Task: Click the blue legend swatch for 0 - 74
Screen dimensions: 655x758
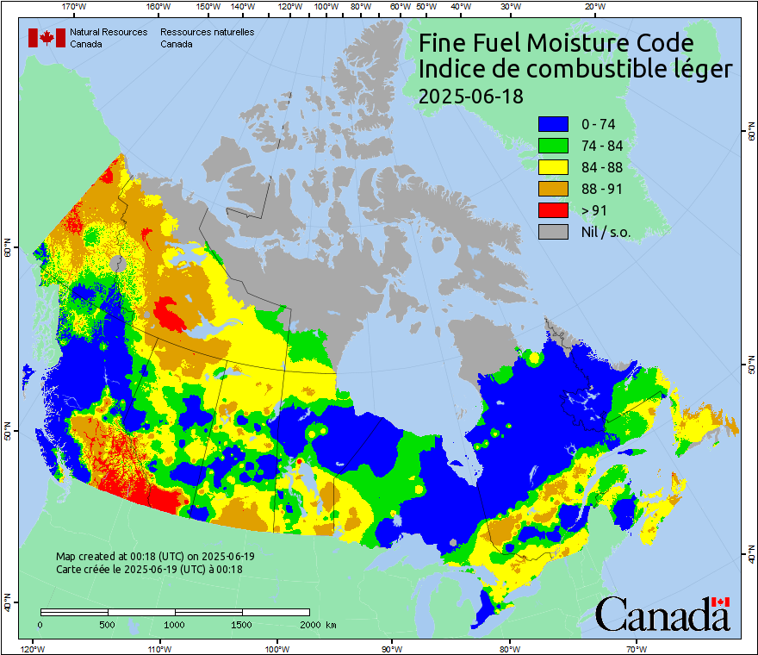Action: pos(553,124)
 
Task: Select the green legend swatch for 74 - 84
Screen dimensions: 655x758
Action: pos(553,146)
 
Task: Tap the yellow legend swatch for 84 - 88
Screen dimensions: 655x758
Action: pos(553,167)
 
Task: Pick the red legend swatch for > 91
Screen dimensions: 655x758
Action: pos(553,210)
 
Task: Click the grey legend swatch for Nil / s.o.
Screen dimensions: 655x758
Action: pos(553,232)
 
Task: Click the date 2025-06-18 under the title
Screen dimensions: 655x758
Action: pos(470,96)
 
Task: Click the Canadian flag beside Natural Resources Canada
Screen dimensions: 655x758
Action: pos(47,38)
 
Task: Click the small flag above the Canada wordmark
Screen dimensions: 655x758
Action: pos(720,602)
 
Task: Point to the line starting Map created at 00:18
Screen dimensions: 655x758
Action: pos(154,557)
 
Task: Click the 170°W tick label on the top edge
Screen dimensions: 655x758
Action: pos(75,7)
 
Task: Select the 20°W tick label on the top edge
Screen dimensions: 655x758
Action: pos(593,7)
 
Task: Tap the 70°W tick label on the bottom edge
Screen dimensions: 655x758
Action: pos(636,648)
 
